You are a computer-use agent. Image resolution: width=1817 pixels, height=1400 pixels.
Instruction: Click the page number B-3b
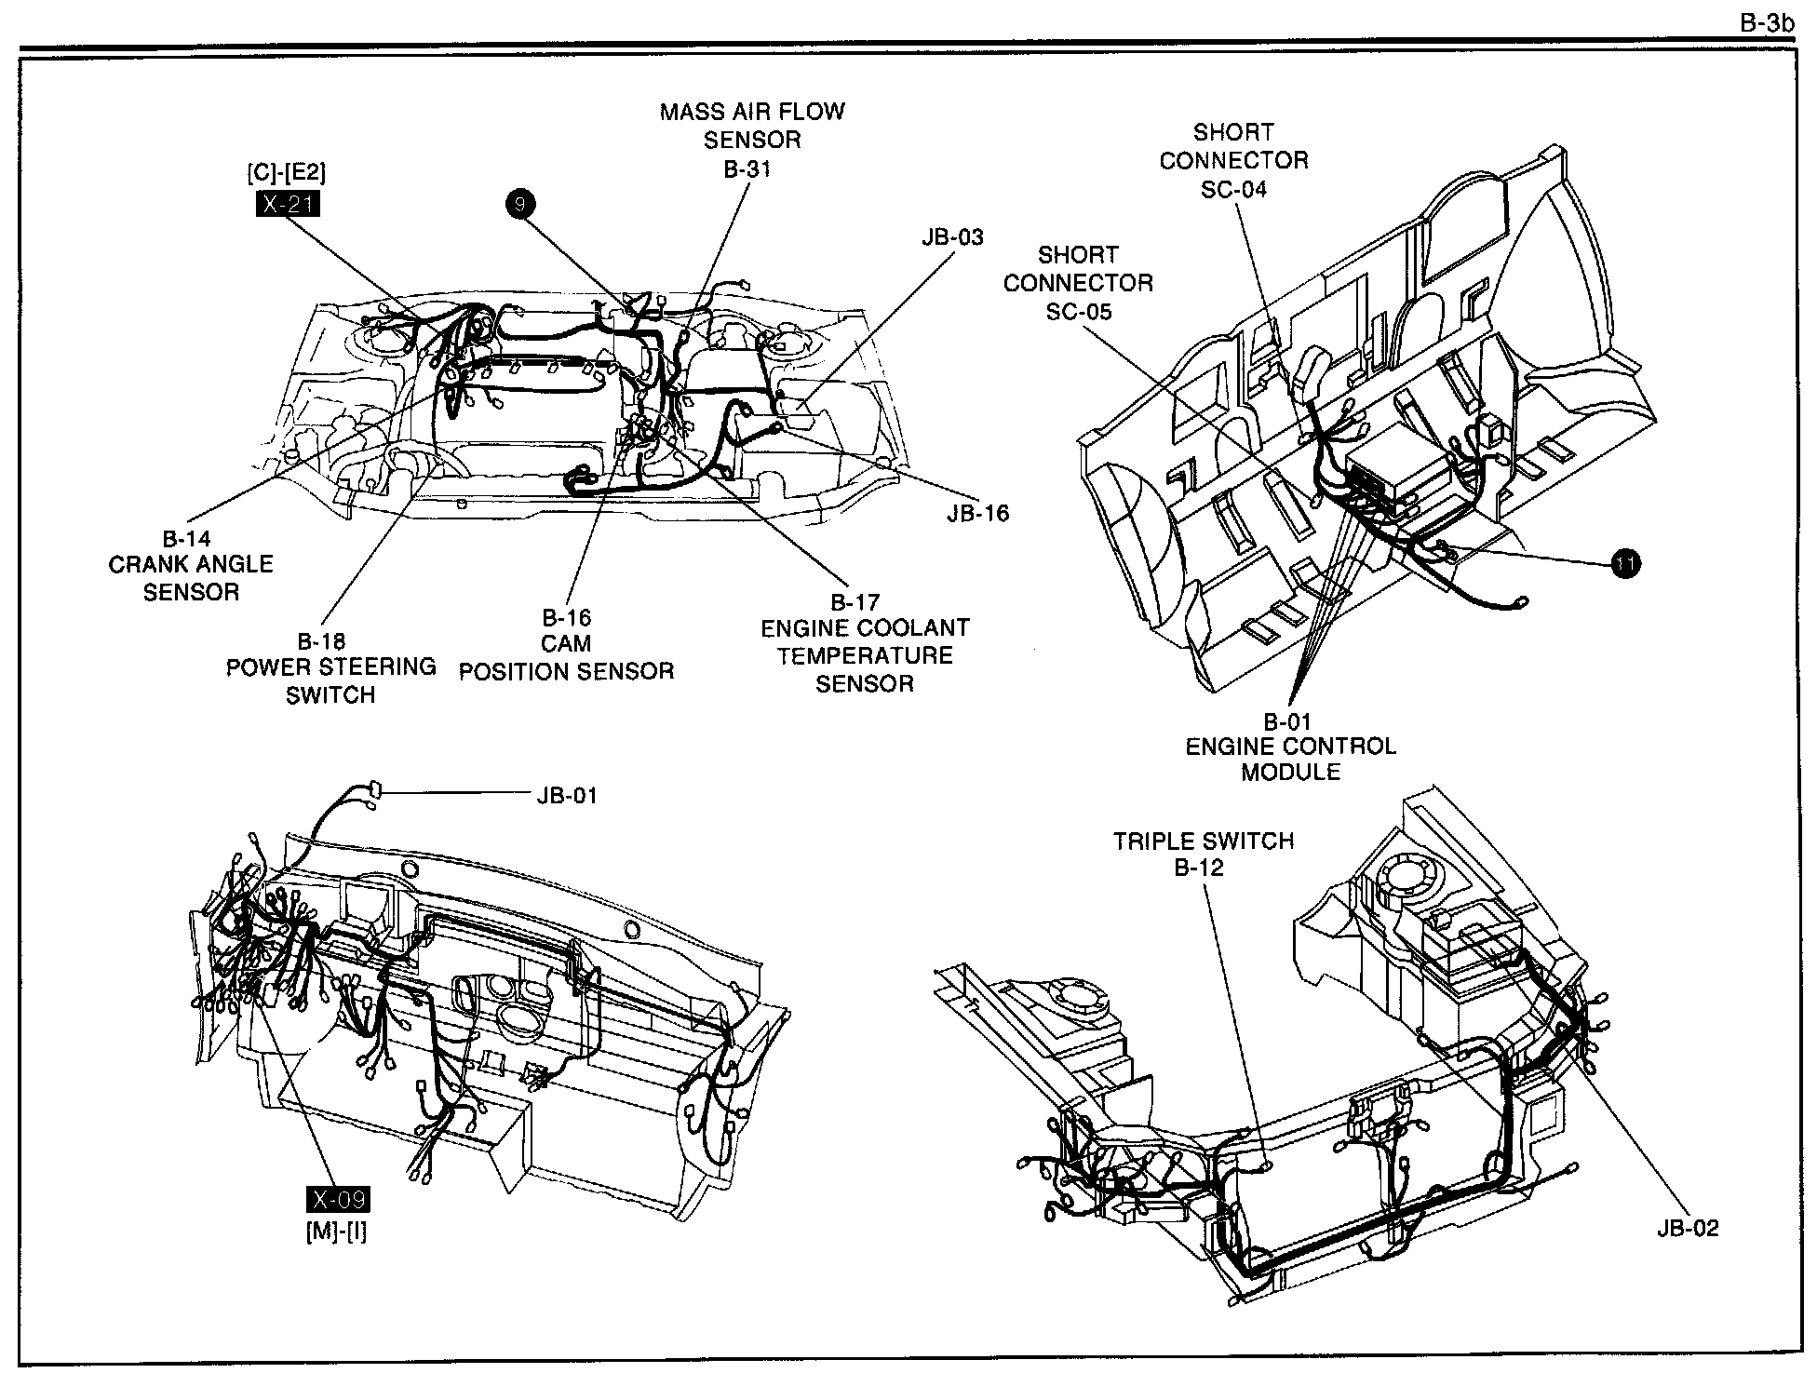(x=1767, y=22)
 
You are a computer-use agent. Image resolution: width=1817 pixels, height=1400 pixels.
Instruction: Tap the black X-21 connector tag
(x=288, y=204)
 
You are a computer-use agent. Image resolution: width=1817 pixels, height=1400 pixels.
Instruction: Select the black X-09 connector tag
(x=339, y=1200)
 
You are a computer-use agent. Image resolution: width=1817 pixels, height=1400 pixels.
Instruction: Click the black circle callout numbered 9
(x=520, y=204)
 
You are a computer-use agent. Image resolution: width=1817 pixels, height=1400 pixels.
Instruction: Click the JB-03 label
(x=953, y=236)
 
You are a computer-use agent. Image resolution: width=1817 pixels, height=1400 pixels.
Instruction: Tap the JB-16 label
(x=978, y=513)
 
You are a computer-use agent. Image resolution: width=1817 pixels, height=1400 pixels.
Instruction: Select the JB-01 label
(x=567, y=796)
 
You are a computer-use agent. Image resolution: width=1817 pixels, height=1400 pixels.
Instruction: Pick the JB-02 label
(x=1688, y=1228)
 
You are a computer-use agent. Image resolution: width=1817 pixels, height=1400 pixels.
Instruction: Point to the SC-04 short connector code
(x=1233, y=189)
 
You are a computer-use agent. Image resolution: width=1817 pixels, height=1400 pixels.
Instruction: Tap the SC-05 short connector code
(x=1079, y=311)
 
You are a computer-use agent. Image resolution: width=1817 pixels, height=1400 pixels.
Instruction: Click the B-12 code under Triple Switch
(x=1199, y=868)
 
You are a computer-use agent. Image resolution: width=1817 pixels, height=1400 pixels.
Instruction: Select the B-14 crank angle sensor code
(x=187, y=538)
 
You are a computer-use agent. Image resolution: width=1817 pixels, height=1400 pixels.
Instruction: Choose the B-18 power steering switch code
(x=321, y=640)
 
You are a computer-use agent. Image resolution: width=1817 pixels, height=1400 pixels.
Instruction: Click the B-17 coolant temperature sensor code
(x=855, y=601)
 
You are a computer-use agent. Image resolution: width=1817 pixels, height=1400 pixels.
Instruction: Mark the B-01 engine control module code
(x=1287, y=721)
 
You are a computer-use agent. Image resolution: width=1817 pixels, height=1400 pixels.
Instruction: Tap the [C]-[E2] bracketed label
(x=287, y=173)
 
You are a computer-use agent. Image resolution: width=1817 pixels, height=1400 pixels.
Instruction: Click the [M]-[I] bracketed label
(x=336, y=1231)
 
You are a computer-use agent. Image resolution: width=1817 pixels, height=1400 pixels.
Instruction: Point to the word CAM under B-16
(x=566, y=643)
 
